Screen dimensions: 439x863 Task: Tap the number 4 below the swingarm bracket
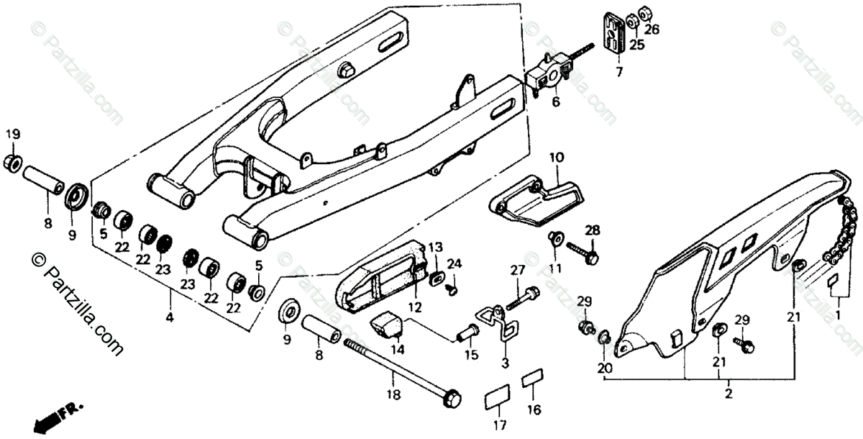click(170, 316)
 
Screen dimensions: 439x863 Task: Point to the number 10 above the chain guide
click(557, 157)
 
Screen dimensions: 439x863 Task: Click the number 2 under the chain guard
click(729, 394)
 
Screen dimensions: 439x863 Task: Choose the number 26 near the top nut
click(652, 30)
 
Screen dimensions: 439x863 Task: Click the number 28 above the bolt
click(592, 230)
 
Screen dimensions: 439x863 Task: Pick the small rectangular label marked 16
click(533, 378)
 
